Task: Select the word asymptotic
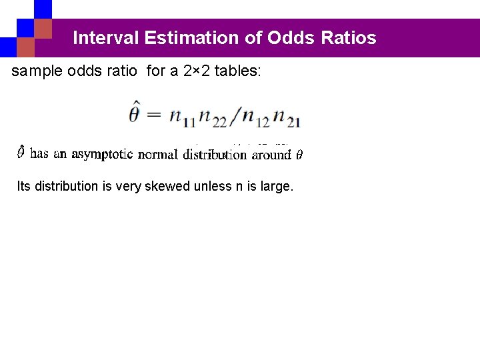103,154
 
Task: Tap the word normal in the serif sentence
158,154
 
